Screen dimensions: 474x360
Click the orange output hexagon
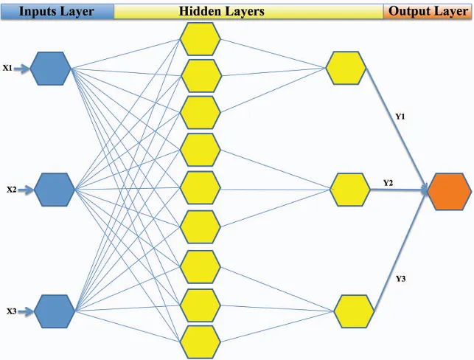[450, 192]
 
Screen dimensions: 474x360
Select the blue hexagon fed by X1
[50, 69]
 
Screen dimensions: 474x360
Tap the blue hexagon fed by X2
[55, 190]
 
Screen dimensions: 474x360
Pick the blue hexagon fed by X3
[55, 311]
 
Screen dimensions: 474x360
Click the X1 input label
[7, 68]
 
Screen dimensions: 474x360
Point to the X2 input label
[12, 190]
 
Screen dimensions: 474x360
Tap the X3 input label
[12, 311]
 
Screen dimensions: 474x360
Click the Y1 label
[400, 117]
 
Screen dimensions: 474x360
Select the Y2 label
[388, 183]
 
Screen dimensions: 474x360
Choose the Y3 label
[400, 279]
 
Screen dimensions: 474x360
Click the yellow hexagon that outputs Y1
[346, 68]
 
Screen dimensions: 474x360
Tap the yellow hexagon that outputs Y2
[350, 190]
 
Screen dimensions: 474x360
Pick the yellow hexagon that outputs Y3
[354, 311]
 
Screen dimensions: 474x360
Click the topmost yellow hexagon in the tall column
[200, 38]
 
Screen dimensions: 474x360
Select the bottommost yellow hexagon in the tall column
[200, 342]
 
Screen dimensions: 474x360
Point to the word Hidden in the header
[198, 11]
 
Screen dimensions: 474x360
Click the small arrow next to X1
[22, 69]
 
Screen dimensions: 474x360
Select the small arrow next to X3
[26, 311]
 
